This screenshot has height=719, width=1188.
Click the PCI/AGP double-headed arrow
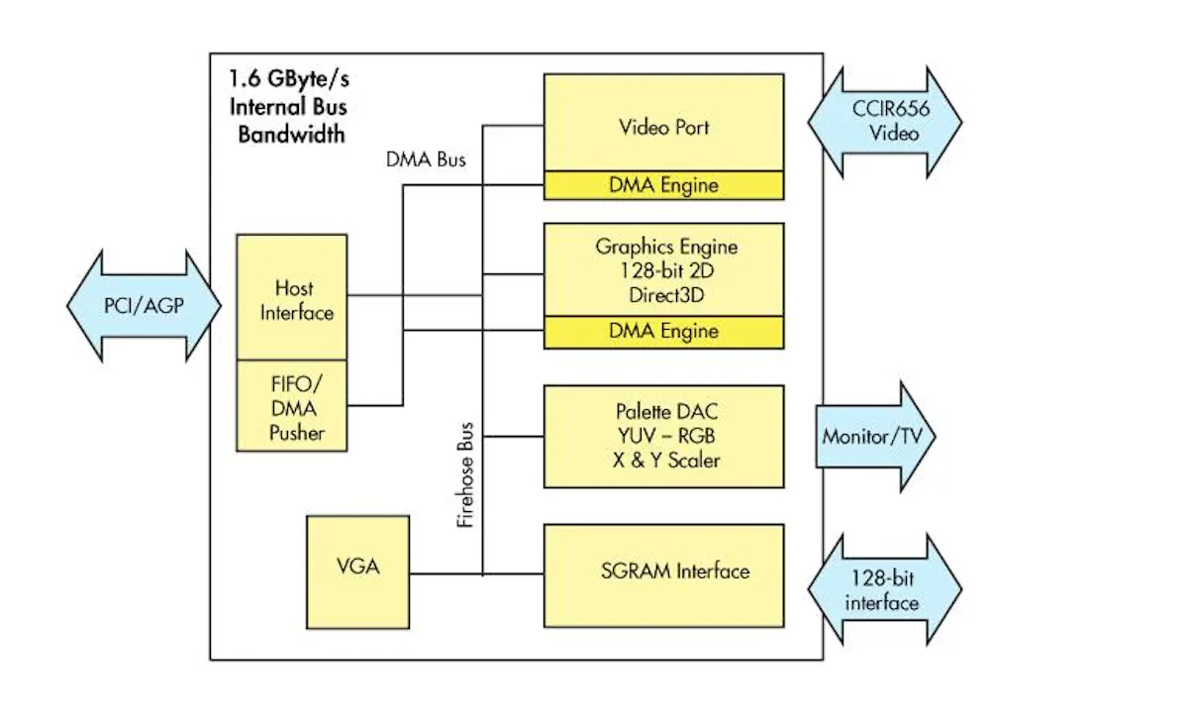click(143, 305)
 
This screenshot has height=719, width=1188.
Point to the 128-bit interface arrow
click(884, 590)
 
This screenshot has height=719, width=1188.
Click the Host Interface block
click(292, 297)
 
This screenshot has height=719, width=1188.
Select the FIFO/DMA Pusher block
click(292, 406)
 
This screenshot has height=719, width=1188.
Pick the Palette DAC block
click(663, 436)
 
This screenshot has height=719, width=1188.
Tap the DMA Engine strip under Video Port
click(663, 185)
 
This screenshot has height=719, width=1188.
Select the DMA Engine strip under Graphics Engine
click(663, 332)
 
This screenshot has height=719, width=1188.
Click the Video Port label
click(663, 128)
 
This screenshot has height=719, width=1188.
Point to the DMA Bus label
click(426, 158)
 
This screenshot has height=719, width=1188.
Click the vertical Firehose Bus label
click(466, 476)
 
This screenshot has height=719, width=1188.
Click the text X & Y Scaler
click(663, 461)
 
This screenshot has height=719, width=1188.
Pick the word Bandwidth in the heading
click(291, 134)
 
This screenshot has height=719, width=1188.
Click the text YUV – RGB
click(663, 436)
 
